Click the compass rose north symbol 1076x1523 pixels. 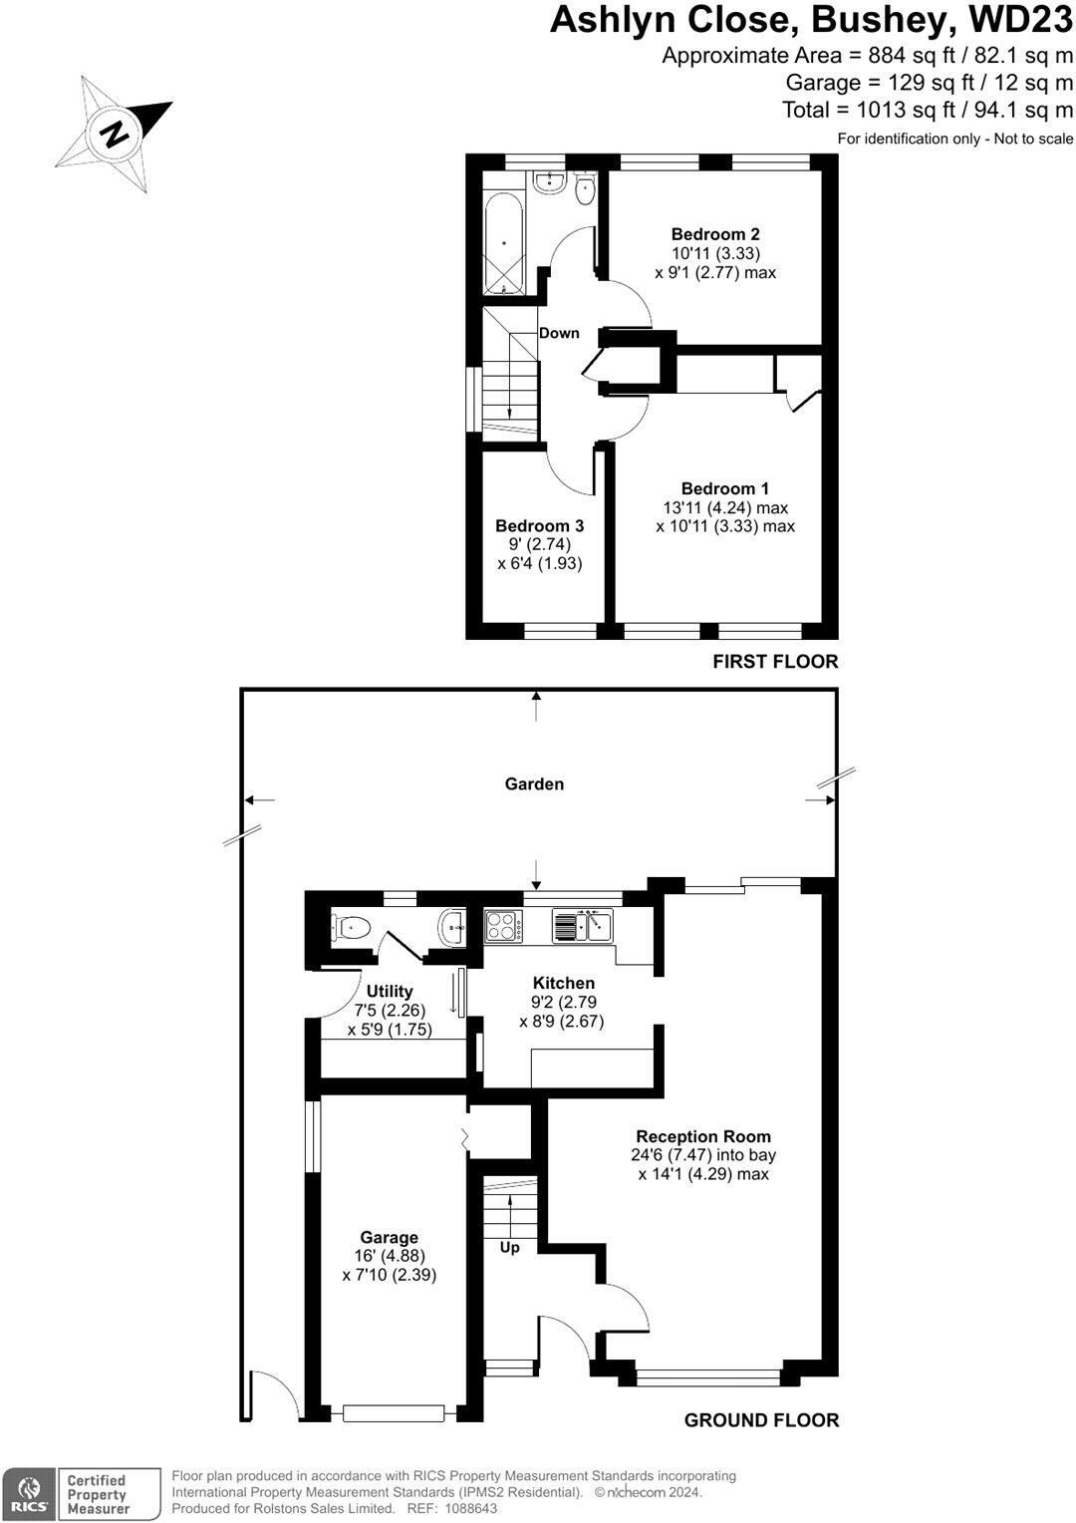[x=115, y=133]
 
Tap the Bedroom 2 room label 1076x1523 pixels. [x=715, y=235]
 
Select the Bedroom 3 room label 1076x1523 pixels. [x=539, y=526]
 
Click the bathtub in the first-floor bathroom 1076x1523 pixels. [x=505, y=242]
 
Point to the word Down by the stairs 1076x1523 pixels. [x=559, y=333]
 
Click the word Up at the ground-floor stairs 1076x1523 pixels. [x=509, y=1248]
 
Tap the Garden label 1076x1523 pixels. [x=534, y=784]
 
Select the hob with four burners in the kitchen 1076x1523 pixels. [x=503, y=927]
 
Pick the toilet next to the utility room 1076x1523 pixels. [x=350, y=928]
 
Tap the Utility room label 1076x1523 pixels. [x=390, y=992]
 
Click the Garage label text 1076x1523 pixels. [x=389, y=1238]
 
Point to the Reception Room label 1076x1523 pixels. [x=703, y=1136]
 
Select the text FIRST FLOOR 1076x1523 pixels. [x=775, y=662]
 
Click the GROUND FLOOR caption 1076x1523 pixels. [x=761, y=1420]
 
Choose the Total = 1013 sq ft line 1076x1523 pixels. [x=928, y=110]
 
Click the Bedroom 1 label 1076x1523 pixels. [x=724, y=488]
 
